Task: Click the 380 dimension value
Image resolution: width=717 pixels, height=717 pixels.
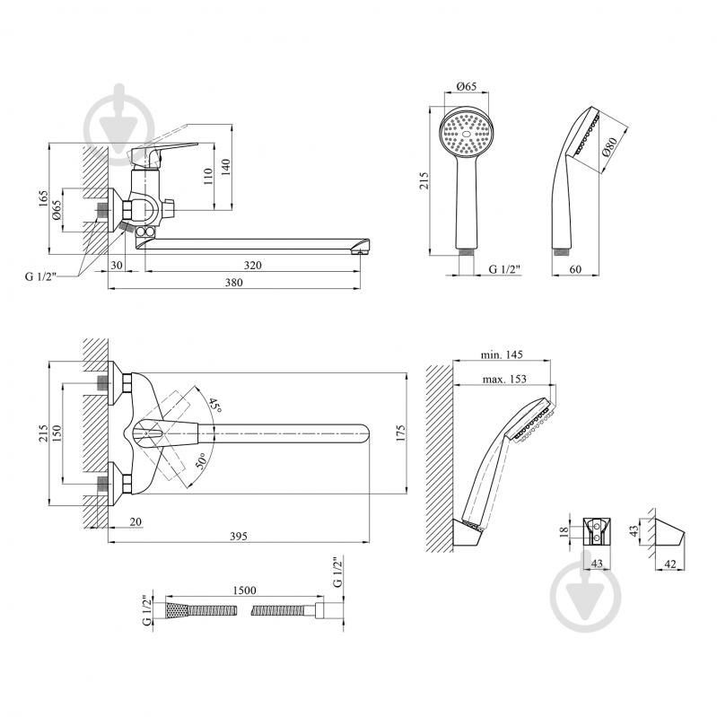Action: [233, 282]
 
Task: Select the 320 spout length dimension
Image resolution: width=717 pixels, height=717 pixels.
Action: [252, 265]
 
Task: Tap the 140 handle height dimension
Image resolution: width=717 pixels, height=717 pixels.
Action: [225, 168]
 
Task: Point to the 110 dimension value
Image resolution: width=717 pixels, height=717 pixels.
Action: [208, 177]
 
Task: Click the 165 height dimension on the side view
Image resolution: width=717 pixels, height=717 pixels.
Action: [43, 199]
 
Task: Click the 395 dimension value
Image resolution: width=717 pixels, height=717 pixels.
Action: [238, 536]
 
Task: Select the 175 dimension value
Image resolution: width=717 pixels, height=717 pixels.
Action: [400, 433]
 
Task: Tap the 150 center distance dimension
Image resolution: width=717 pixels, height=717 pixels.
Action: [57, 433]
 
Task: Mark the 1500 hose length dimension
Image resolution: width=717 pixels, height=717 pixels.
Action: [244, 590]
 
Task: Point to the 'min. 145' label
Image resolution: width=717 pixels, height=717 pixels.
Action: [502, 354]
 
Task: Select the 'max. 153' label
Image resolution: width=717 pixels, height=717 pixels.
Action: [504, 379]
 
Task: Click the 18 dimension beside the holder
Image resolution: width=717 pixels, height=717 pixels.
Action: [564, 531]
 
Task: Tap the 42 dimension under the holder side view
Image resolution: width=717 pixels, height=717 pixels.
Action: [670, 564]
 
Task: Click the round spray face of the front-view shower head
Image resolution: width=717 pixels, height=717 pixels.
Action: [466, 134]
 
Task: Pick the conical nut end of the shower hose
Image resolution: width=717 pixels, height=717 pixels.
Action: [177, 610]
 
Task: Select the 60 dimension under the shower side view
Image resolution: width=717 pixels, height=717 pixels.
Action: [575, 269]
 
